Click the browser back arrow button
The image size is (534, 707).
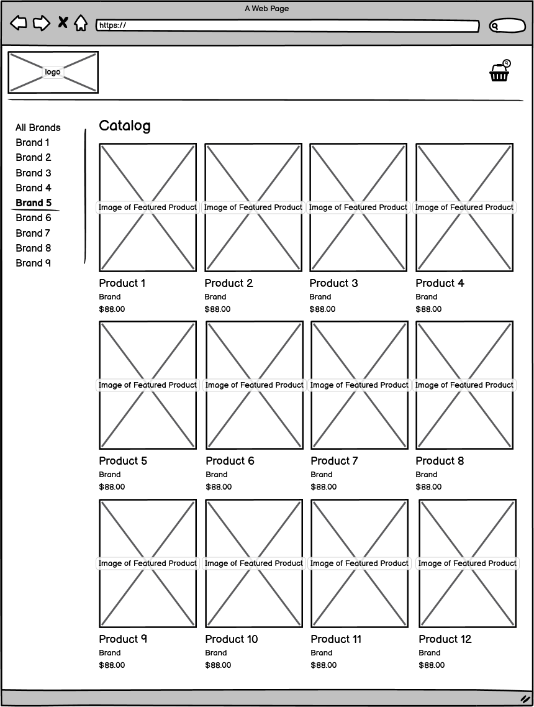(x=19, y=24)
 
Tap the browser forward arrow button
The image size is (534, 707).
(x=41, y=24)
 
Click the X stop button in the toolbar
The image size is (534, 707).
(x=63, y=23)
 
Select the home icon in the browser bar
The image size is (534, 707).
(x=81, y=24)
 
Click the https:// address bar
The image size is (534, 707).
(x=287, y=26)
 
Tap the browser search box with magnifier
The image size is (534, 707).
(x=507, y=26)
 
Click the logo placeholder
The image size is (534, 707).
(x=53, y=72)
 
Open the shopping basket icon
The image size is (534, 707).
(x=500, y=72)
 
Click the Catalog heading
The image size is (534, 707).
(x=124, y=126)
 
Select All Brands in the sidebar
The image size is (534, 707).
(x=38, y=128)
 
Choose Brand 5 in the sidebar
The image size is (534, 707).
(x=34, y=203)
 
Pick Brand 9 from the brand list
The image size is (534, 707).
(x=34, y=263)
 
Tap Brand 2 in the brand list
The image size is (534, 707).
(x=34, y=158)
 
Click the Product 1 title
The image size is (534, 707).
(x=122, y=283)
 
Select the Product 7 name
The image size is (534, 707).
(x=334, y=461)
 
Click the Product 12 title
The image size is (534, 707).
(x=445, y=639)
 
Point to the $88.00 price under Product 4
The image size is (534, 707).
(x=428, y=309)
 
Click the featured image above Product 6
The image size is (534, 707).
(x=255, y=385)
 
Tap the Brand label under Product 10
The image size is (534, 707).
(x=216, y=653)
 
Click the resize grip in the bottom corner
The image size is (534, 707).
(x=525, y=699)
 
